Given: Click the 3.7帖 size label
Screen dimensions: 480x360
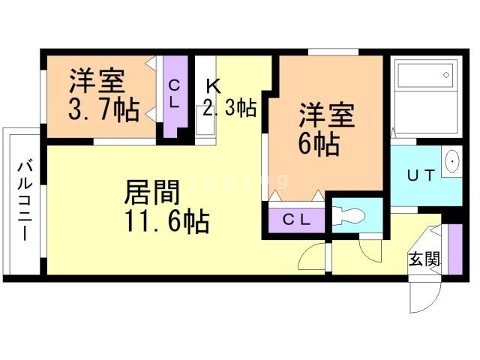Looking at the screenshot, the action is click(x=103, y=109).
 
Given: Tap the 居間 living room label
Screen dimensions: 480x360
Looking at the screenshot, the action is click(x=152, y=192).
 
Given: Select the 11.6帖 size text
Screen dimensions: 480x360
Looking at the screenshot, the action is click(x=167, y=221).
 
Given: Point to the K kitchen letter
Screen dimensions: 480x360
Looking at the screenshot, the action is click(x=213, y=86).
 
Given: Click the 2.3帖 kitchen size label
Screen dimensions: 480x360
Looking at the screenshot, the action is click(x=229, y=107).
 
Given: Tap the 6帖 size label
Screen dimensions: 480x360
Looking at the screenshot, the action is click(x=319, y=144).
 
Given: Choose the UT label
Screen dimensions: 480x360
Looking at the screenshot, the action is click(x=421, y=175).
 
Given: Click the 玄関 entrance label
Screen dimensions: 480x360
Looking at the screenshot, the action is click(x=424, y=259).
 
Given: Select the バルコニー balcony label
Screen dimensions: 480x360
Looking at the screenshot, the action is click(x=25, y=200).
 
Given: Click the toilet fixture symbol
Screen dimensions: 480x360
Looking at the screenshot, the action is click(x=349, y=215).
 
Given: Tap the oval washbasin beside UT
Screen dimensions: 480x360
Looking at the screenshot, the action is click(x=451, y=161).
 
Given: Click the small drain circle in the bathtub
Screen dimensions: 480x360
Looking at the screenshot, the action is click(x=446, y=75).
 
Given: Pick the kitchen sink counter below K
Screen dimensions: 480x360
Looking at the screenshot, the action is click(x=205, y=121).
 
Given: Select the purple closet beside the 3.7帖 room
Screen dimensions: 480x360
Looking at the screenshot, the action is click(x=175, y=97).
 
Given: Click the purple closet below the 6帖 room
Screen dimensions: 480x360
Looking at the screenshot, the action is click(x=297, y=220).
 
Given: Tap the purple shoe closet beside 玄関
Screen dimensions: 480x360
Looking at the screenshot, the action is click(x=455, y=249).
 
